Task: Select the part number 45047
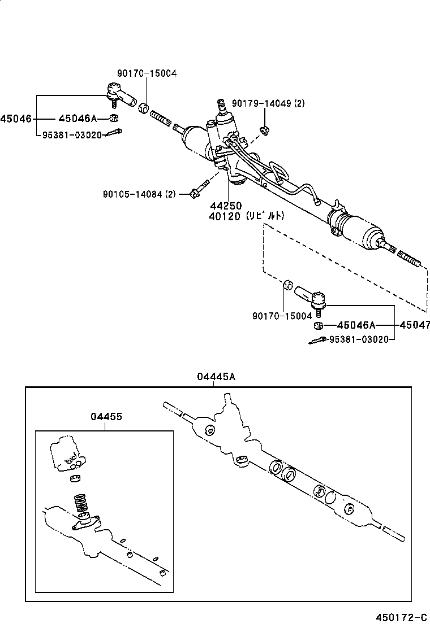click(414, 325)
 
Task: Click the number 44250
click(227, 206)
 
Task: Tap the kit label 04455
click(106, 416)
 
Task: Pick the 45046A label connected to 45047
click(356, 325)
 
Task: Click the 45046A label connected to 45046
click(78, 119)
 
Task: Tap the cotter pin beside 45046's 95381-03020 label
click(115, 133)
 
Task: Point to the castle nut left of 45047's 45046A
click(319, 326)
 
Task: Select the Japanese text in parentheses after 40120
click(266, 216)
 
